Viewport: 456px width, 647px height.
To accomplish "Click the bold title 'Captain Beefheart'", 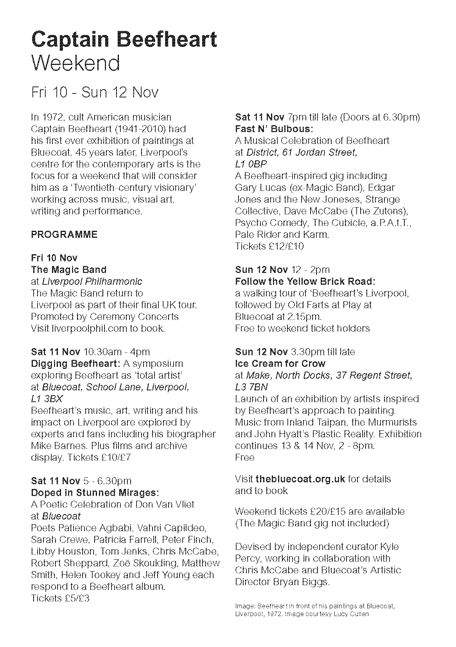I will tap(124, 40).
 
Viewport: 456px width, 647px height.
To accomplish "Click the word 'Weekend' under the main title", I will tap(75, 63).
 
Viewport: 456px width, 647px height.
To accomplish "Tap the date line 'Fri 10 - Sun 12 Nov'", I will tap(95, 92).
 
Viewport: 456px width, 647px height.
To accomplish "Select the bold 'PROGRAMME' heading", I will tap(64, 235).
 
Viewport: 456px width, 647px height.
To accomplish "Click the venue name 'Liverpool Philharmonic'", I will tap(92, 282).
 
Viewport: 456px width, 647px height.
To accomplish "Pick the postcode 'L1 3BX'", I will tap(47, 399).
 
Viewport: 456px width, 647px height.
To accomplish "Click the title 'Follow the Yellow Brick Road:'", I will tap(305, 282).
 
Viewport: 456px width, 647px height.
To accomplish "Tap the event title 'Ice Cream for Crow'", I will tap(280, 364).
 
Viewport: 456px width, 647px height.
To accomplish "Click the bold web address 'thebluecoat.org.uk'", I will tap(300, 479).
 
